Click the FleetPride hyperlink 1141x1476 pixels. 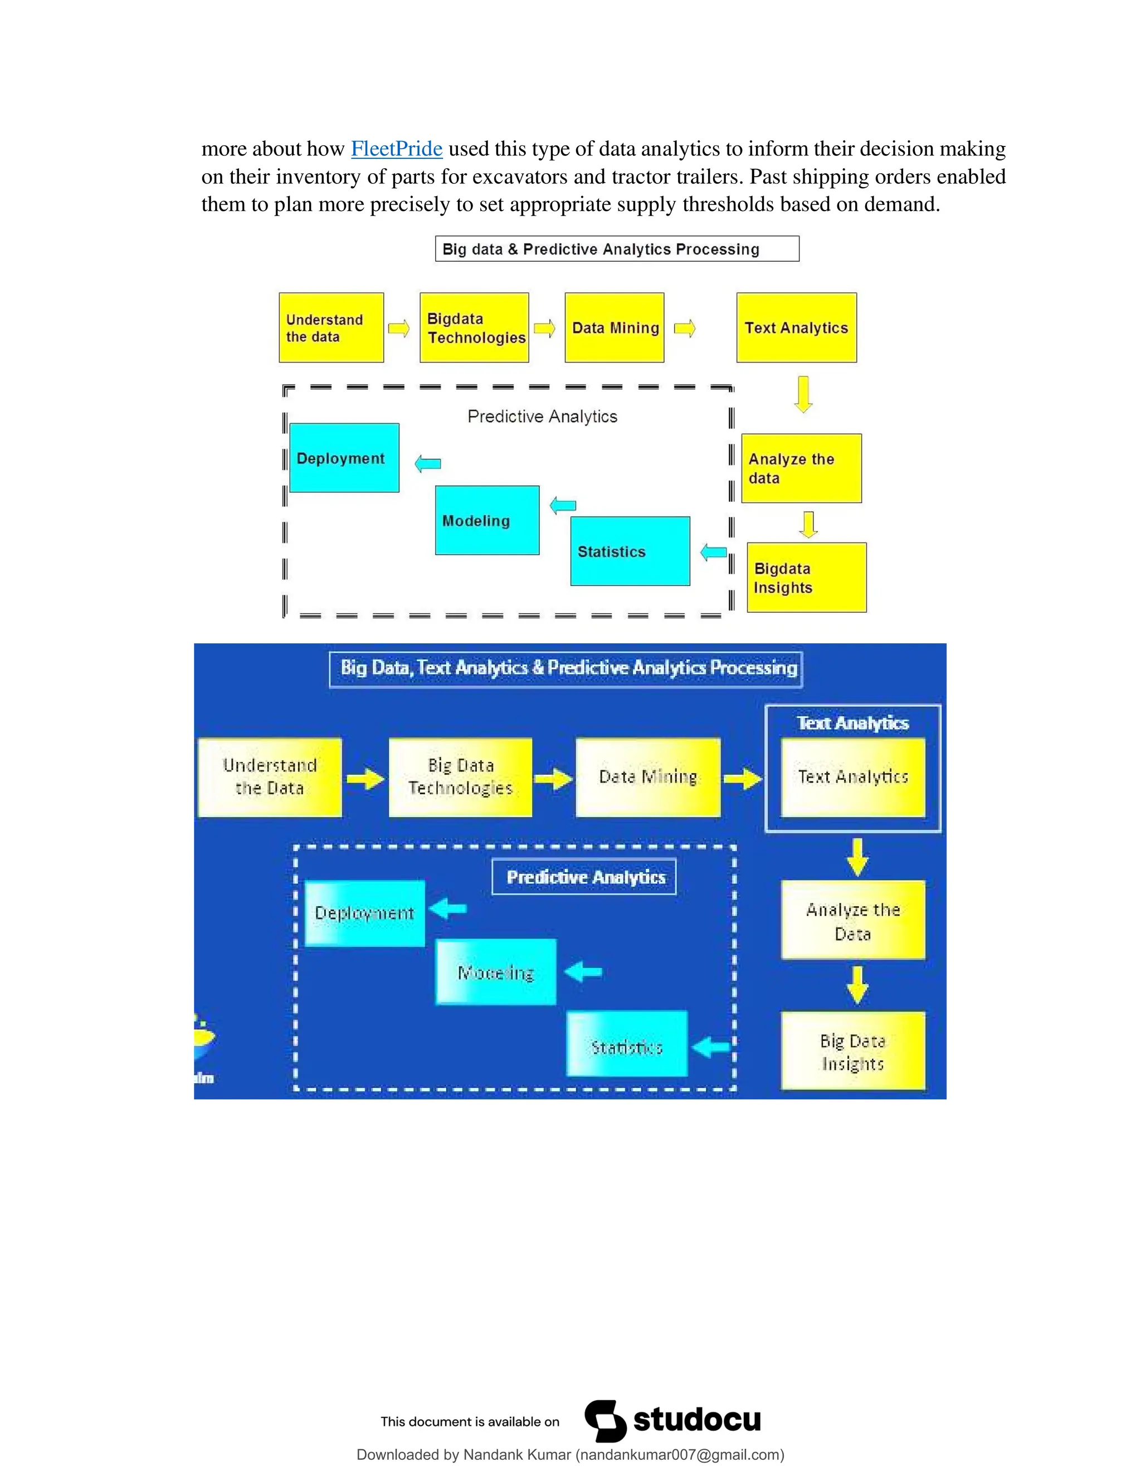point(396,149)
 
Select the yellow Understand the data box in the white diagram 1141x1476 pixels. point(331,328)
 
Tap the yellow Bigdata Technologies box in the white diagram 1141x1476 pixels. point(474,328)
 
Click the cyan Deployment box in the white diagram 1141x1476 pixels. point(344,457)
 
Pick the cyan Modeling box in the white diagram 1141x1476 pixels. point(487,520)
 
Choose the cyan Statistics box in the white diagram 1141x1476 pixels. point(630,551)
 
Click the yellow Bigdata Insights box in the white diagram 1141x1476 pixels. point(806,578)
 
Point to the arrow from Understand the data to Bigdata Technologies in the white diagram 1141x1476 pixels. point(399,329)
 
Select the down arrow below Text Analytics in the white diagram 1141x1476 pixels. point(803,394)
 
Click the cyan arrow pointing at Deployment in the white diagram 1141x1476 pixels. point(427,463)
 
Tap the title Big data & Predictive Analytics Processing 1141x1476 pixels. point(617,249)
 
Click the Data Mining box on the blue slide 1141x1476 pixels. point(647,777)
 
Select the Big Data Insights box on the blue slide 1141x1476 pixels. point(852,1052)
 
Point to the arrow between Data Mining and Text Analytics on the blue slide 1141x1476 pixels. point(742,779)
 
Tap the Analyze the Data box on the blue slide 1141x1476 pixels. point(852,921)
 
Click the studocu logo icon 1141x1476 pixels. point(605,1421)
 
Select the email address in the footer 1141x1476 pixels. point(679,1455)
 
